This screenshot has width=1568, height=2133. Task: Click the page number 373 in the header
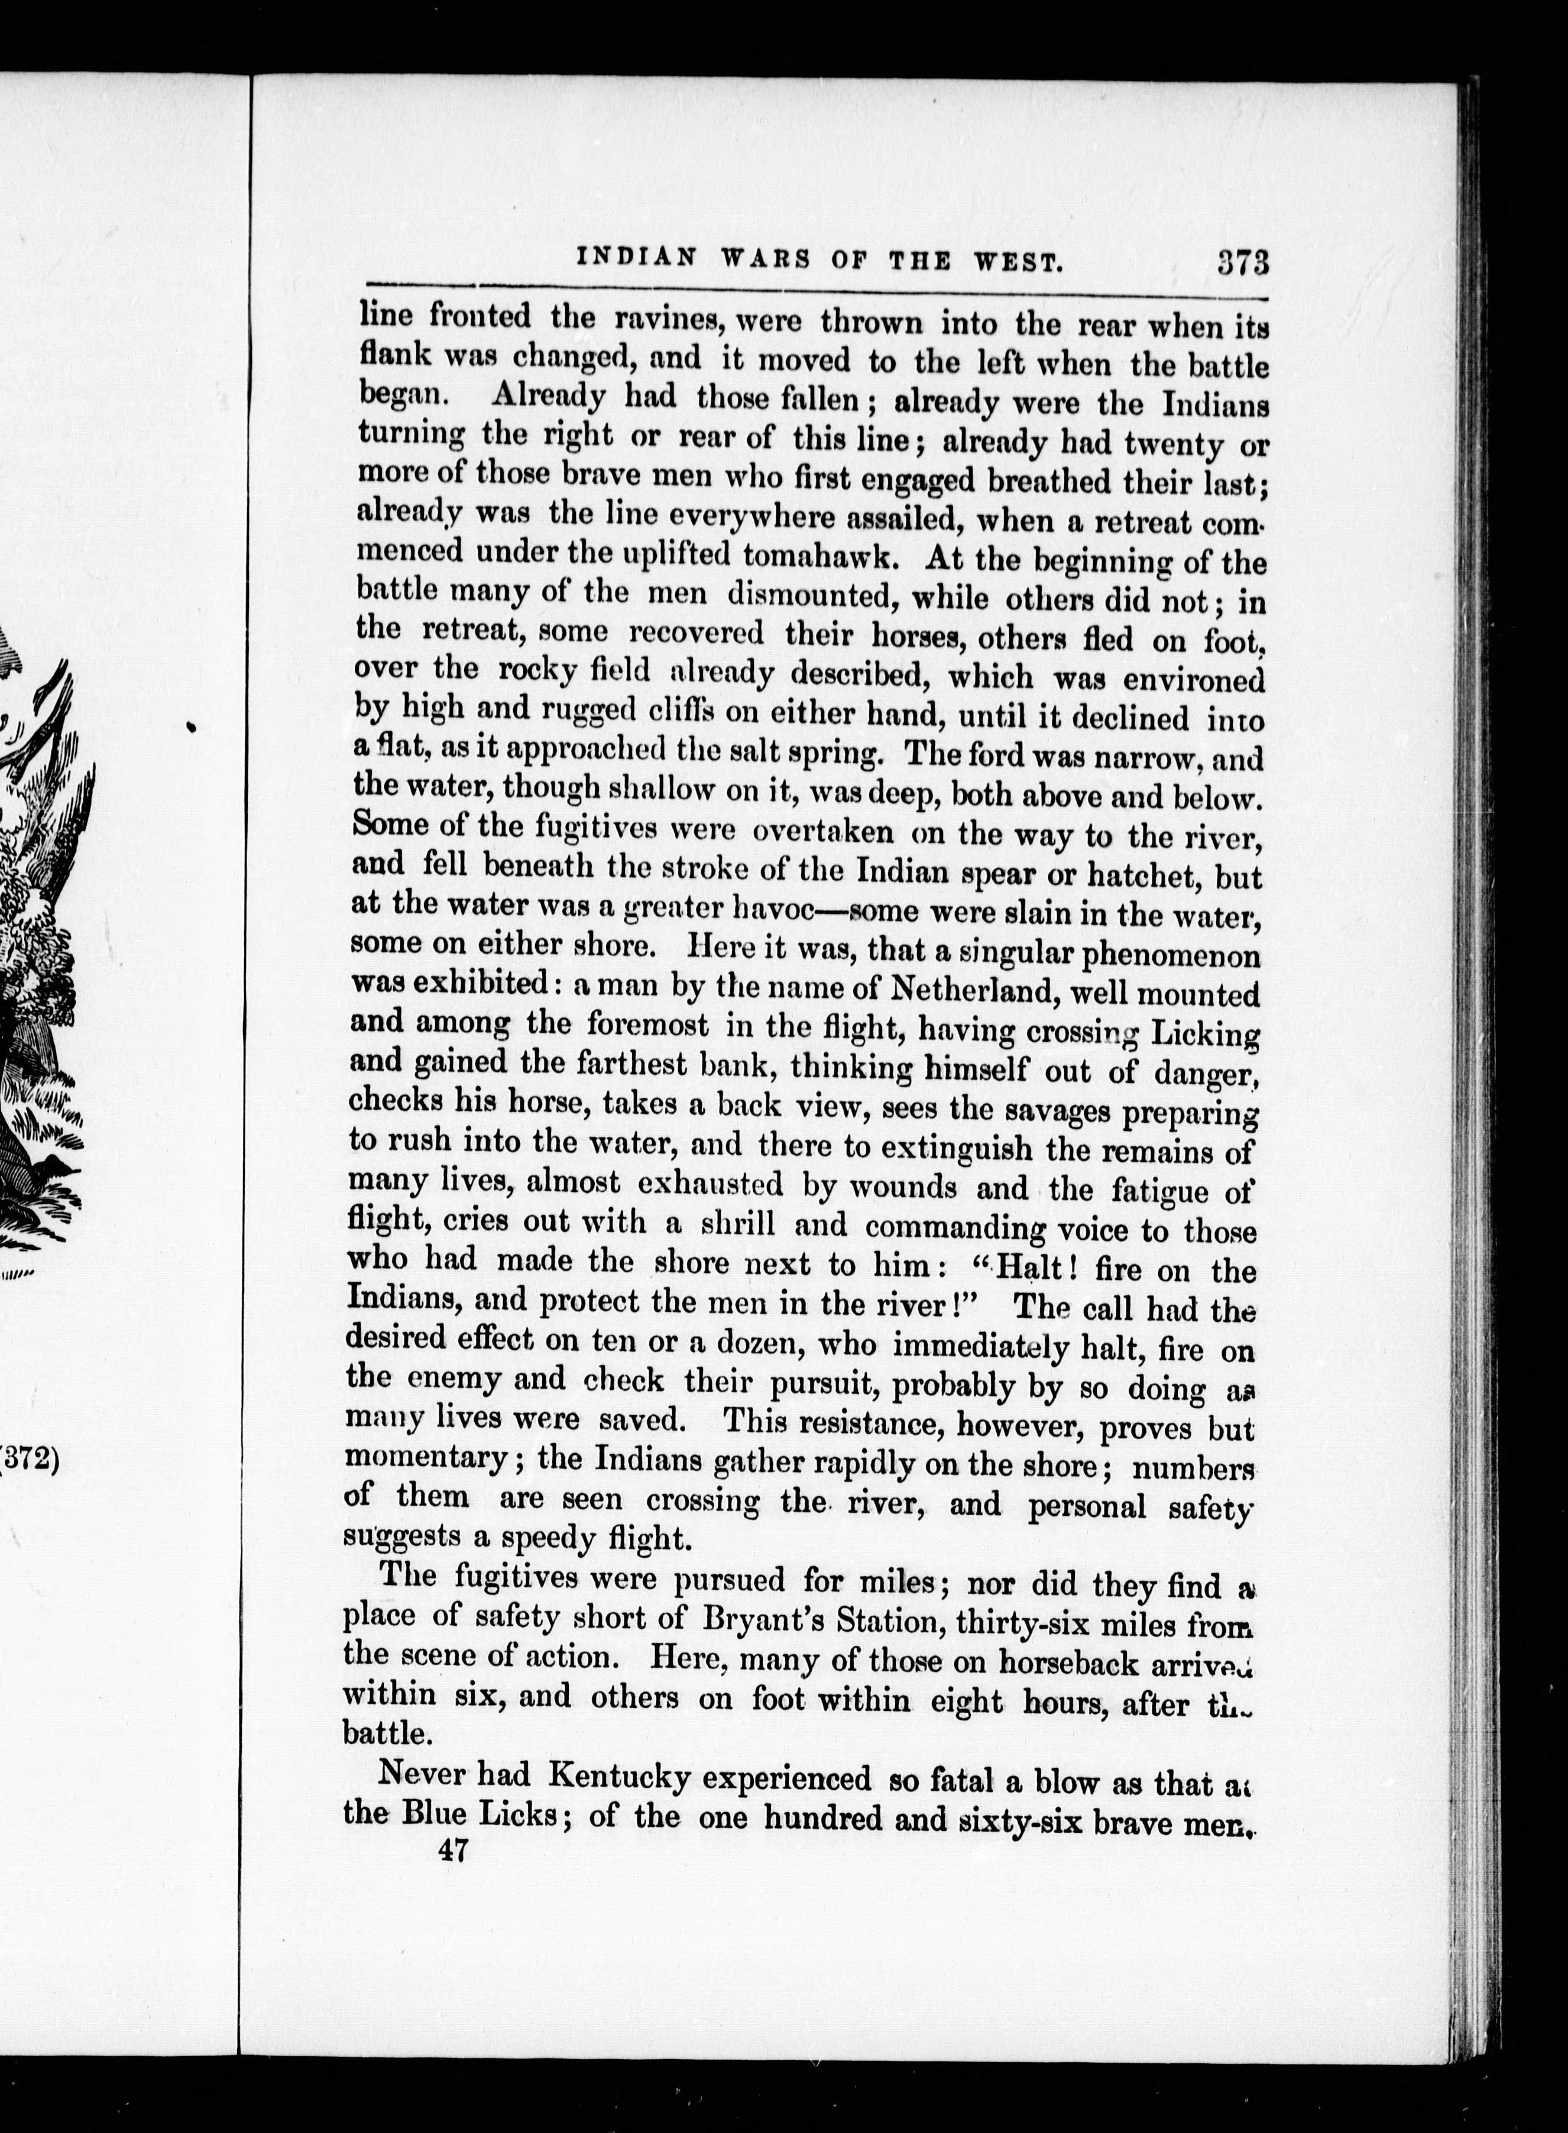pyautogui.click(x=1242, y=261)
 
